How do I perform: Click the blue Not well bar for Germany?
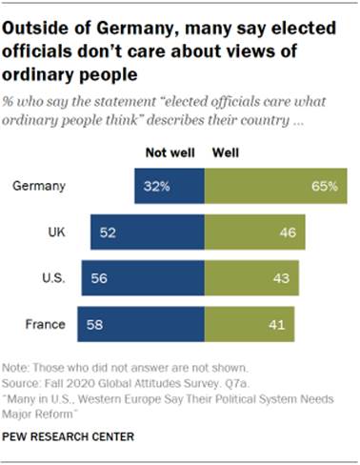point(170,186)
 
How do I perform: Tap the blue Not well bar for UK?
point(148,231)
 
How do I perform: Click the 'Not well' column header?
point(168,151)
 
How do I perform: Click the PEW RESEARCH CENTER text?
point(69,437)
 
